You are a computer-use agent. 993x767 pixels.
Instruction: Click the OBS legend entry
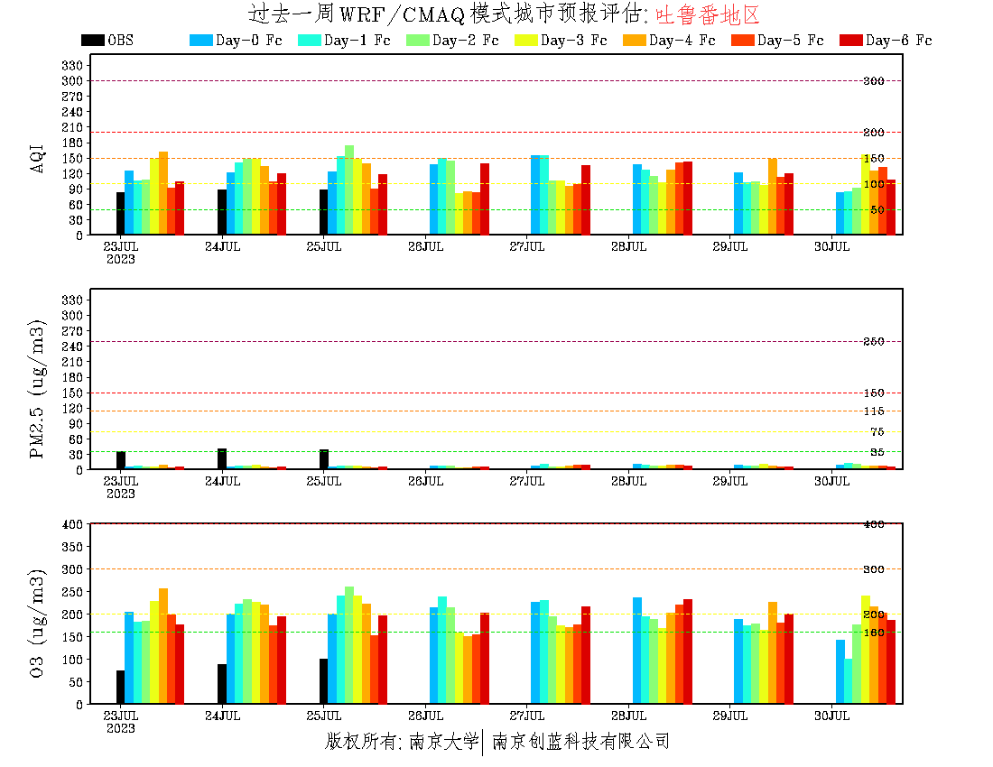[107, 41]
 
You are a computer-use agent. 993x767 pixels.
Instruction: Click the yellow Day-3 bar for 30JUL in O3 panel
[866, 650]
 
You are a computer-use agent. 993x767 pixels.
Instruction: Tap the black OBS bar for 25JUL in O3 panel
[324, 681]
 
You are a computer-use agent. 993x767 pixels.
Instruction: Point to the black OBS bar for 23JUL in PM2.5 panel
[121, 460]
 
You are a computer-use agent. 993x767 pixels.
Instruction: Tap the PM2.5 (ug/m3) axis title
[38, 388]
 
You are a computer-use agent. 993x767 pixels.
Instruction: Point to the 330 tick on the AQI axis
[72, 65]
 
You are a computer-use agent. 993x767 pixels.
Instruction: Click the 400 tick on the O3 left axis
[72, 524]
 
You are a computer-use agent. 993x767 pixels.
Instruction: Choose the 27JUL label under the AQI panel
[527, 246]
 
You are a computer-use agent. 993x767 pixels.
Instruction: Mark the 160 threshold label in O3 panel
[874, 633]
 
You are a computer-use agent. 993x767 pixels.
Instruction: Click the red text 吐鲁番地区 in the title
[708, 14]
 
